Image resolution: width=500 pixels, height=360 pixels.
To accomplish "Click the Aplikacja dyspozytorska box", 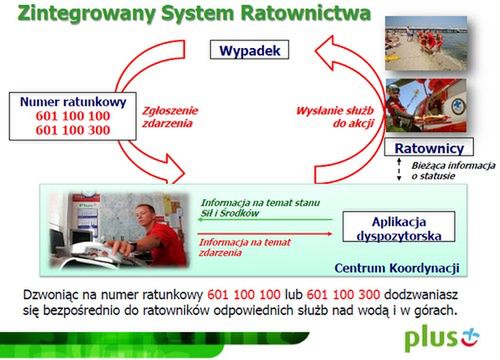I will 396,227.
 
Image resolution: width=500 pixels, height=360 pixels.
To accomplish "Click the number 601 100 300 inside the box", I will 60,130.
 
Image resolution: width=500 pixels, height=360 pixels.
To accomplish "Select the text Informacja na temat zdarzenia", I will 240,247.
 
